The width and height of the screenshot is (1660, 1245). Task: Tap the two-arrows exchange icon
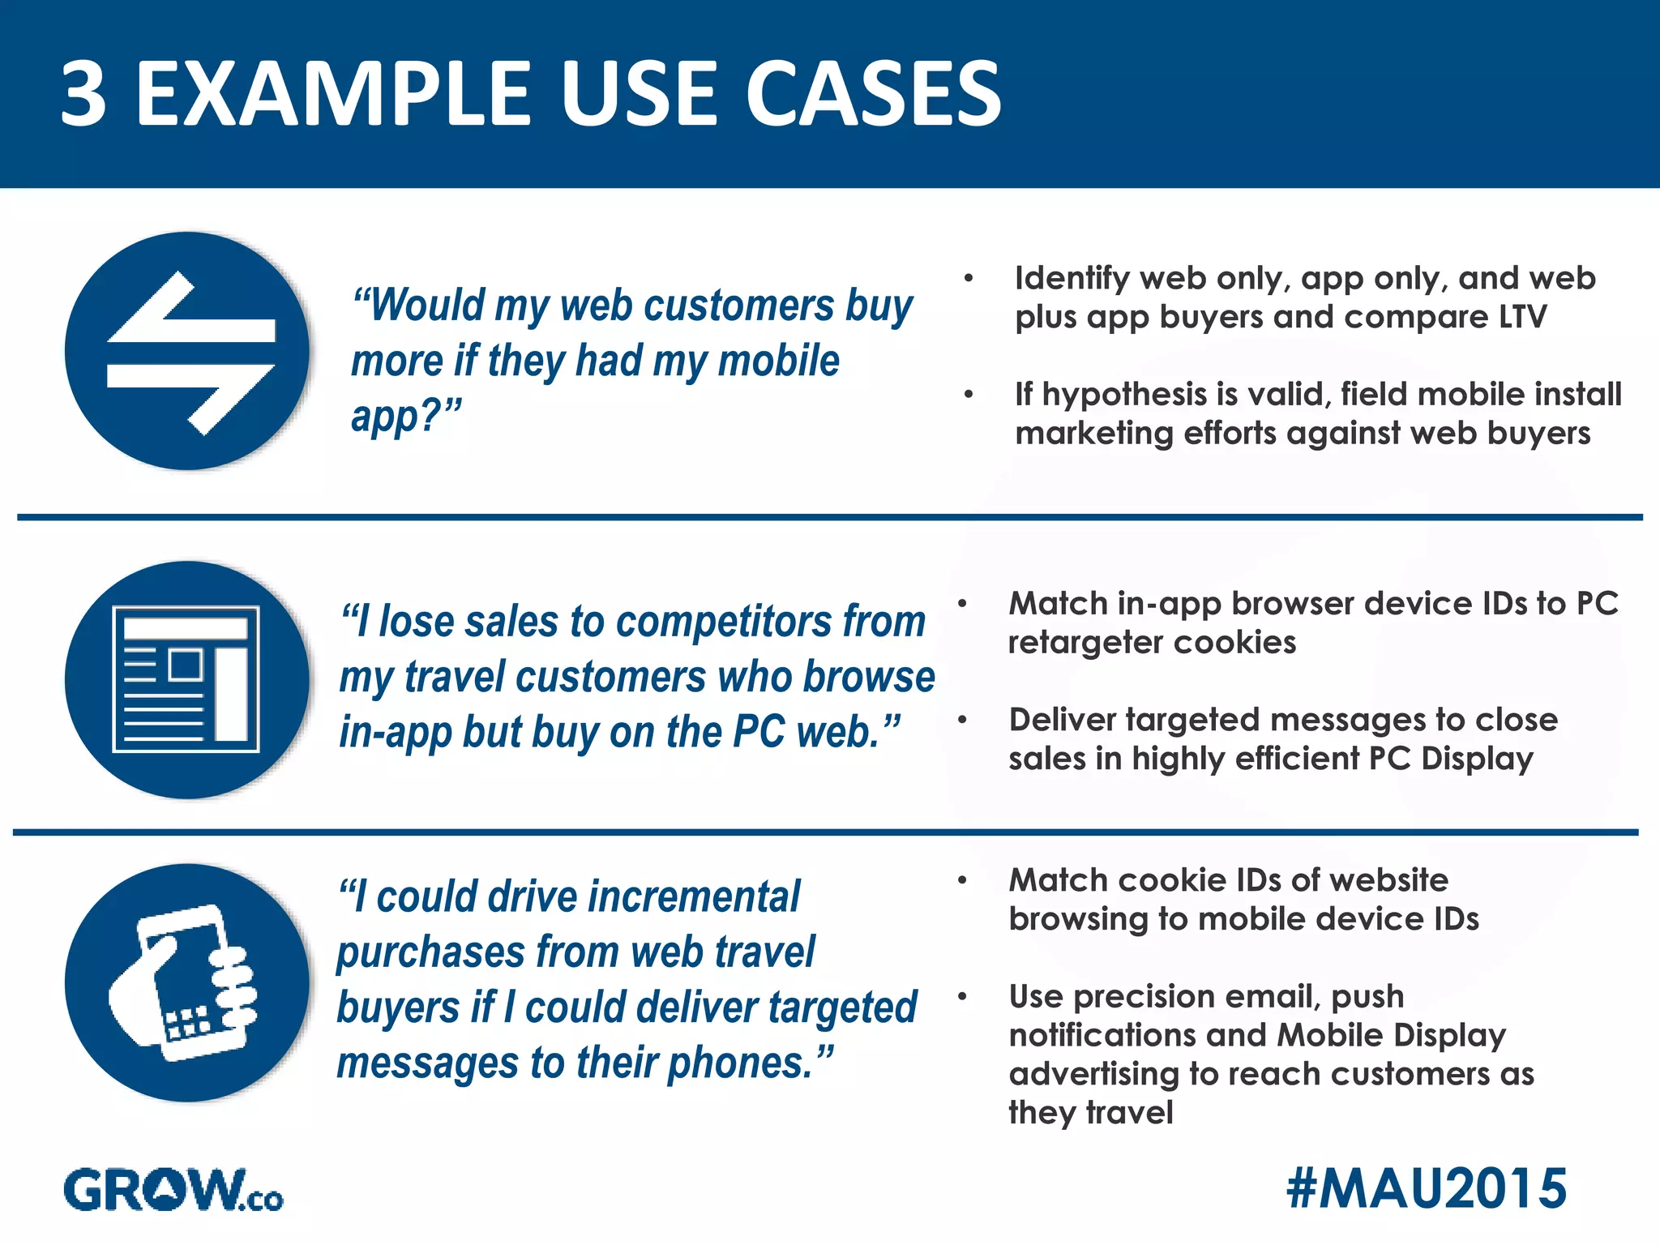point(187,351)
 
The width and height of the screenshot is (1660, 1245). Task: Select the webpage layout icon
point(187,679)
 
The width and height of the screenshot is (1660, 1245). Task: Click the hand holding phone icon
point(187,982)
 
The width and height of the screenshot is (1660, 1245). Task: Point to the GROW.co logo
point(173,1190)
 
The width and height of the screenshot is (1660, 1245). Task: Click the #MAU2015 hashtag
point(1426,1188)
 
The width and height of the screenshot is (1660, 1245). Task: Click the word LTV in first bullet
point(1522,317)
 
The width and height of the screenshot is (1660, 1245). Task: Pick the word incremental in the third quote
point(694,897)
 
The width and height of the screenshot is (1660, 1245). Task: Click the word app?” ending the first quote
point(406,417)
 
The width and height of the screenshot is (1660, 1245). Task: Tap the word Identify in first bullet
point(1072,278)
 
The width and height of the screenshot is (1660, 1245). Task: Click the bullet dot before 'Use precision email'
point(962,996)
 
